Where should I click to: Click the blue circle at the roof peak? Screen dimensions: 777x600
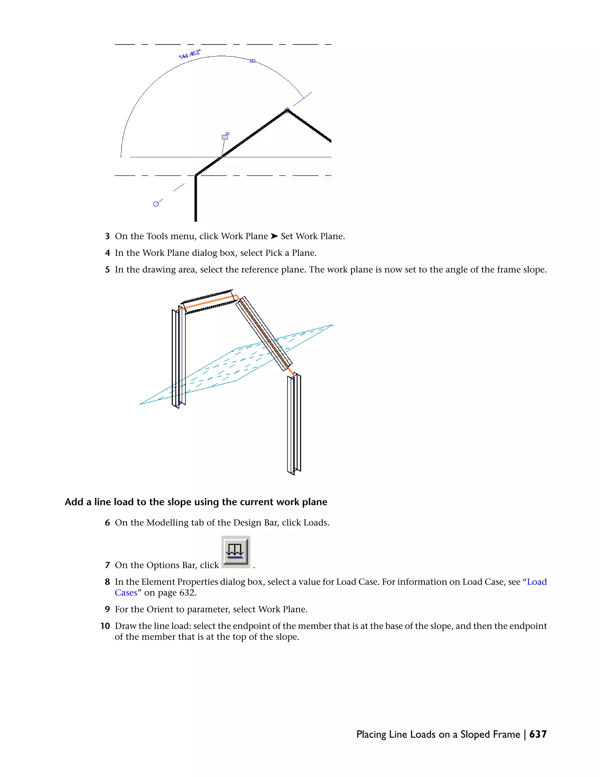287,110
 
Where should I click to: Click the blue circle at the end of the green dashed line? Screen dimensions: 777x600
156,204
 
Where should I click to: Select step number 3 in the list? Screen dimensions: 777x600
107,236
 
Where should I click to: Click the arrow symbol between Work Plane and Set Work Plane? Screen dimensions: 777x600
274,236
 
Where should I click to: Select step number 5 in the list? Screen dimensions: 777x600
107,270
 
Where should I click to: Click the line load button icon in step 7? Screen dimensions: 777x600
236,552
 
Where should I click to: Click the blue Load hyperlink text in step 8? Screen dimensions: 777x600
537,582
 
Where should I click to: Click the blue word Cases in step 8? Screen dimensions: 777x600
126,593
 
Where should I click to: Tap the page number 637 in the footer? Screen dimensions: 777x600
538,734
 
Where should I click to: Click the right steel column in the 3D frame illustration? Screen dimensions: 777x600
294,423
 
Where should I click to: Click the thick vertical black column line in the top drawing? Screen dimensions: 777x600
195,199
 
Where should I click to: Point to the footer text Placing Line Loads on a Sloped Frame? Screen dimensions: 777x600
438,734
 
